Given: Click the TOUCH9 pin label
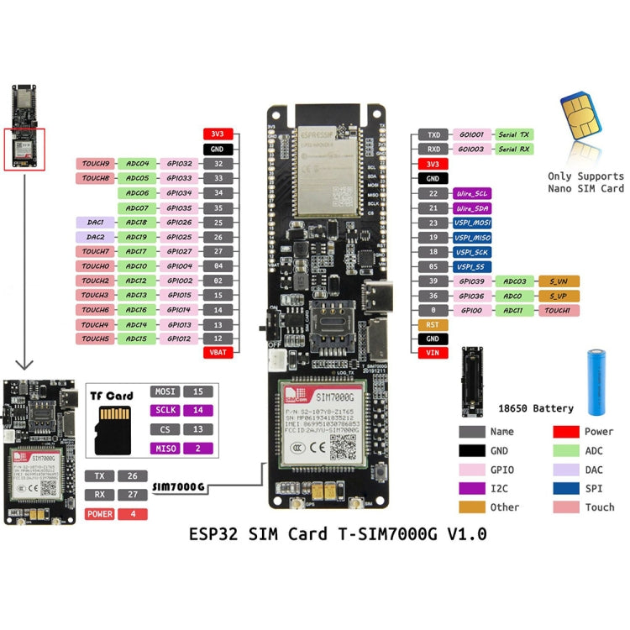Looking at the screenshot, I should (x=96, y=164).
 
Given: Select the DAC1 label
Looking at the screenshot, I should (x=96, y=223).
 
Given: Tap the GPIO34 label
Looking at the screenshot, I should (x=179, y=193).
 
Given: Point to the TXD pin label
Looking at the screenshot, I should (x=433, y=134).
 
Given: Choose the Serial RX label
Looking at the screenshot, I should (x=512, y=149).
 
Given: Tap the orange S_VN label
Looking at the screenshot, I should (x=558, y=281).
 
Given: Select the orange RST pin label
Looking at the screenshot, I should (x=433, y=324).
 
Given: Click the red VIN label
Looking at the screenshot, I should (x=433, y=353).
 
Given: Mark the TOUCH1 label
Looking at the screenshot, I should (x=558, y=310).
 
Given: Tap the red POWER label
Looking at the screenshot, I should (x=100, y=513).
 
